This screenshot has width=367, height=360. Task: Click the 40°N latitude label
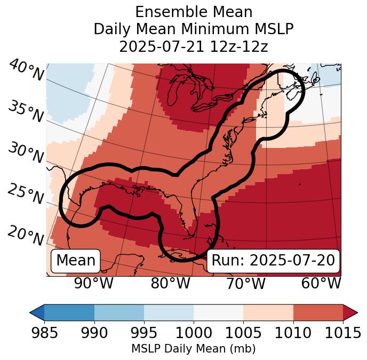point(26,71)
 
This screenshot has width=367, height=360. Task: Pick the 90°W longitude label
point(93,283)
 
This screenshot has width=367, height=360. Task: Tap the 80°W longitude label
point(170,283)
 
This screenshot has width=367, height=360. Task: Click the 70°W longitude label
point(245,283)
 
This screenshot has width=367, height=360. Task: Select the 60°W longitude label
point(321,283)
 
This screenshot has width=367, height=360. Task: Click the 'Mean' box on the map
point(76,261)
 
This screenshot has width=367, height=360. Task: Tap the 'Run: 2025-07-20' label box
point(273,261)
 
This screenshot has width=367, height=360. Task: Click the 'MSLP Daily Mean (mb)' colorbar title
point(193,349)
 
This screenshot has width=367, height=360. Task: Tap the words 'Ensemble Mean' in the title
point(194,12)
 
